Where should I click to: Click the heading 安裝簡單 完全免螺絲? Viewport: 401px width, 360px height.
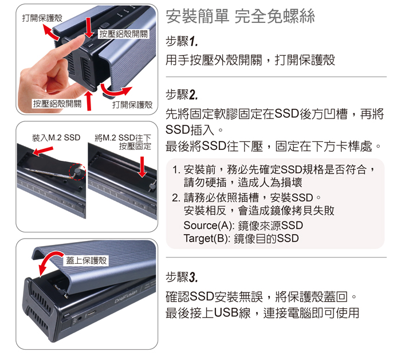point(240,17)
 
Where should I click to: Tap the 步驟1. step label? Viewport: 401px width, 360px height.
point(182,41)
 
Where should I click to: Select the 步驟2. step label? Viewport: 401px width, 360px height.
point(182,94)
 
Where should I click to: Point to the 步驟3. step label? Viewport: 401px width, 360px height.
point(182,276)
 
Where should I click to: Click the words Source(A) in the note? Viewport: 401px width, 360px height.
point(207,226)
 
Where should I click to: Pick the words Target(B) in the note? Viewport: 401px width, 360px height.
point(205,239)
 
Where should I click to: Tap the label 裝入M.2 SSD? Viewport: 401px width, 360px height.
point(56,138)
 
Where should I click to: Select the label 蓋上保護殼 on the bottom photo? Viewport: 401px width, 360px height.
point(86,260)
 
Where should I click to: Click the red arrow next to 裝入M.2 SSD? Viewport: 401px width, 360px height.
point(43,151)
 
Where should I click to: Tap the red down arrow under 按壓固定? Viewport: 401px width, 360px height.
point(142,167)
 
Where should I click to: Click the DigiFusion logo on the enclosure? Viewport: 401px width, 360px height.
point(126,296)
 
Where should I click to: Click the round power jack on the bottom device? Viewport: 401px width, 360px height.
point(80,318)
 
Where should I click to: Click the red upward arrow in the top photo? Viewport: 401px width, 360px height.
point(89,101)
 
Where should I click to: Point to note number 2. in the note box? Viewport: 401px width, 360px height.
point(176,198)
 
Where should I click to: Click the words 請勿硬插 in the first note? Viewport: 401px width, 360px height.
point(205,183)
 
